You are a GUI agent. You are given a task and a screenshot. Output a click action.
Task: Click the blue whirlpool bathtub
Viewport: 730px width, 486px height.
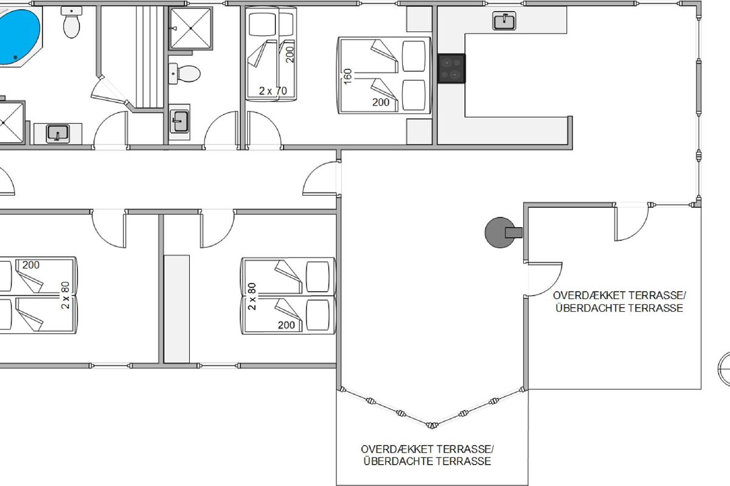[x=19, y=36]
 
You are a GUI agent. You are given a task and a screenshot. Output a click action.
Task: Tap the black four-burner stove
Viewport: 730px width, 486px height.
[x=451, y=69]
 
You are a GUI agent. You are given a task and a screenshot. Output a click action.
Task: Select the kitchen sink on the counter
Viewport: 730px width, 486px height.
[x=504, y=21]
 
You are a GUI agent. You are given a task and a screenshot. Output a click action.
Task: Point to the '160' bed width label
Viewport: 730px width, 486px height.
[x=348, y=76]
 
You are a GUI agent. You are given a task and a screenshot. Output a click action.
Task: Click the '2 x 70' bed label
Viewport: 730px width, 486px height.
[x=273, y=91]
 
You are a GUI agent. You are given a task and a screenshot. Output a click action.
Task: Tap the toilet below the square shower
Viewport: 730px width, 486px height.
[x=184, y=74]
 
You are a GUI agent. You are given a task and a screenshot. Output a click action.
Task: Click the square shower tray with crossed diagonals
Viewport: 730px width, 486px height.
[x=190, y=29]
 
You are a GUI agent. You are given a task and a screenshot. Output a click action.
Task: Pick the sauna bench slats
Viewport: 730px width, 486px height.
[x=150, y=56]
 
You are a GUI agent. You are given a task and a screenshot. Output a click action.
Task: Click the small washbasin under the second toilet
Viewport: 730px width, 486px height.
[x=179, y=122]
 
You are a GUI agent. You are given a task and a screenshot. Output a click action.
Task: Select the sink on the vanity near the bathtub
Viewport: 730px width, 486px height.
[x=58, y=134]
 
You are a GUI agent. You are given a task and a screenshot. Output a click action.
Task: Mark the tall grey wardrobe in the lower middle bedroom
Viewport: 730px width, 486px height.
[x=176, y=309]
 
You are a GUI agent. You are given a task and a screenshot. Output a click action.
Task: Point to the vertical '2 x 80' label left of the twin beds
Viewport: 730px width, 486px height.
[x=252, y=296]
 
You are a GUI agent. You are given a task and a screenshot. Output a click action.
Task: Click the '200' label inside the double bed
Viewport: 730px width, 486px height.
[x=381, y=102]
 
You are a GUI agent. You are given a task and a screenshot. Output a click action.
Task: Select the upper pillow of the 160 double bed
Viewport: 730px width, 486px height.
[x=414, y=56]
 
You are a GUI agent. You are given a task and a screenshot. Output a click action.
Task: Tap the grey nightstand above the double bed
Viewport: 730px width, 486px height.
[x=419, y=19]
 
